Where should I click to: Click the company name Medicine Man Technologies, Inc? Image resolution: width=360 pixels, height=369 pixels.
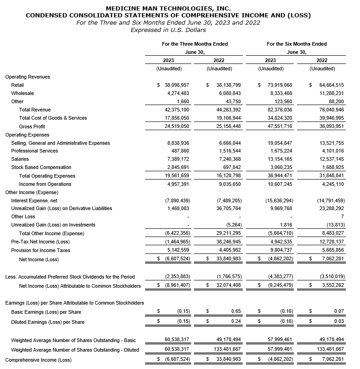[168, 8]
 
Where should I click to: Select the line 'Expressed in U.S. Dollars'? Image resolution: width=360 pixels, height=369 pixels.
[168, 30]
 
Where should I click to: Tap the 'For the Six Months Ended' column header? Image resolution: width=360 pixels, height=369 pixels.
[297, 44]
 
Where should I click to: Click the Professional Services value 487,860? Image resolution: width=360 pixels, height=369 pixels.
[179, 151]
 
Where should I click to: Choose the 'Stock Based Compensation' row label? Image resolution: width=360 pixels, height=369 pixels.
[41, 168]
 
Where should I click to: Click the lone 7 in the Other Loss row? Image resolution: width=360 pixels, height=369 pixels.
[342, 216]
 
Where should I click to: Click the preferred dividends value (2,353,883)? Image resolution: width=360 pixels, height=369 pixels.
[177, 277]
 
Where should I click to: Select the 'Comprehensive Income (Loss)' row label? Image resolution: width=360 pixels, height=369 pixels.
[38, 360]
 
